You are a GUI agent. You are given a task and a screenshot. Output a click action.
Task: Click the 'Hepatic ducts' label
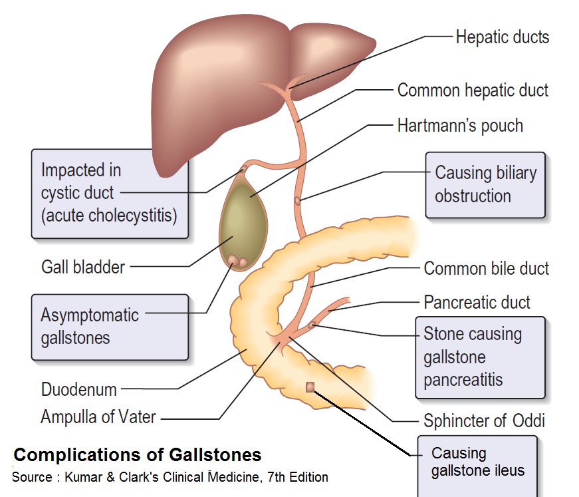(502, 37)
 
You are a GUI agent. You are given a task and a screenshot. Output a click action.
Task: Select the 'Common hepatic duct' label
(473, 90)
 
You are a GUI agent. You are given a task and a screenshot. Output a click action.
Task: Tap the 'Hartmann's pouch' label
(459, 125)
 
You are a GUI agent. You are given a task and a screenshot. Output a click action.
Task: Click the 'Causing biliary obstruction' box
(485, 185)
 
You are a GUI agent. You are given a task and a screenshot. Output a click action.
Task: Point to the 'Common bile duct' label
(486, 269)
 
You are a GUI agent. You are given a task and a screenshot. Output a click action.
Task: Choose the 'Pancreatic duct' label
(477, 303)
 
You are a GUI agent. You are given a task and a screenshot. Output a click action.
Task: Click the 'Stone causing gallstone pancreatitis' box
(480, 357)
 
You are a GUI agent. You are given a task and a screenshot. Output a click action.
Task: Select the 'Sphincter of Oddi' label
(484, 420)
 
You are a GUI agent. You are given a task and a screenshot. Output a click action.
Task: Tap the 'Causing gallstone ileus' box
(477, 462)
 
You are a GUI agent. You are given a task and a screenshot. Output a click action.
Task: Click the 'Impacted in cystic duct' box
(110, 194)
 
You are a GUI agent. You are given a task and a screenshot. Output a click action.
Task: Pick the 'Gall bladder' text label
(82, 267)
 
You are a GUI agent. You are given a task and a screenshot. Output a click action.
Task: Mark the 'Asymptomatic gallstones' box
(90, 326)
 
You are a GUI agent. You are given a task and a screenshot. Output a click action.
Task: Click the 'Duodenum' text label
(78, 389)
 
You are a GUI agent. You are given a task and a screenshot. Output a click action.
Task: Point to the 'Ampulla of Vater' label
(98, 418)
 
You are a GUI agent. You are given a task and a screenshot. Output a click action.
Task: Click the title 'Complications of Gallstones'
(138, 455)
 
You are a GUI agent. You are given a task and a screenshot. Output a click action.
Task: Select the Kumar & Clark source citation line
(170, 477)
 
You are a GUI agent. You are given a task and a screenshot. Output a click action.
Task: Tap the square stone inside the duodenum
(310, 387)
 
